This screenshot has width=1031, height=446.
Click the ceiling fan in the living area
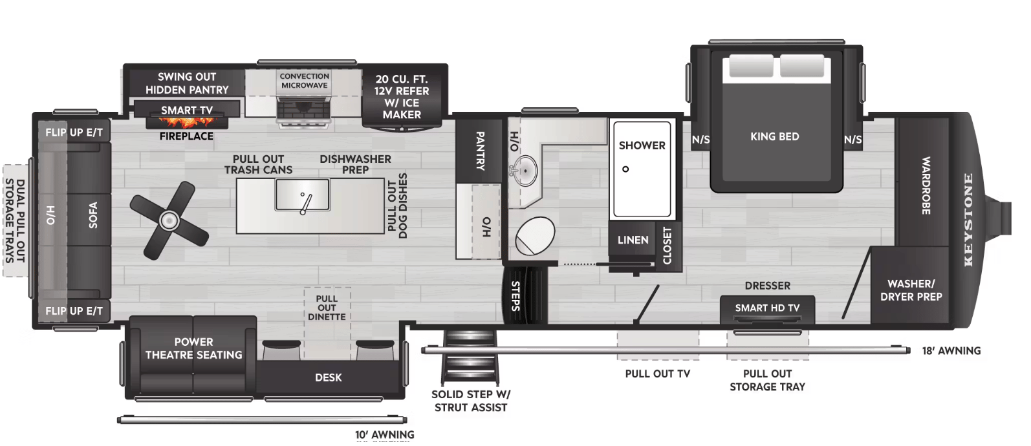[x=169, y=220]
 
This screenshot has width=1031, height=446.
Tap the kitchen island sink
[x=302, y=195]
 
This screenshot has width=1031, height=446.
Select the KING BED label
[x=774, y=136]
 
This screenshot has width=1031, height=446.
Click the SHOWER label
[x=642, y=145]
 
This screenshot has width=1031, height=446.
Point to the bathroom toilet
[x=536, y=236]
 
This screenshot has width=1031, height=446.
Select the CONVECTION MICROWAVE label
[x=304, y=81]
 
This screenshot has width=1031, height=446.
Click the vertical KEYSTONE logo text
[x=968, y=220]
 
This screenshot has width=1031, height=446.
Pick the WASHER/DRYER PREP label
[x=911, y=290]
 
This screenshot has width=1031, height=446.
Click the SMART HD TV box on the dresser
[x=767, y=308]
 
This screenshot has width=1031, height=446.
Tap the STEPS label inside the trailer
[x=516, y=295]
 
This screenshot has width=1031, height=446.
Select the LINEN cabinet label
[x=633, y=240]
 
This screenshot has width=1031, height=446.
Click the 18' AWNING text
[x=951, y=351]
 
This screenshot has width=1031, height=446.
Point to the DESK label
[x=328, y=377]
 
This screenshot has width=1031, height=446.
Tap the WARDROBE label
[x=926, y=186]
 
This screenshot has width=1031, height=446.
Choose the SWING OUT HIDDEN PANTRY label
[x=187, y=83]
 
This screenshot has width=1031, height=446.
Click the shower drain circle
[x=625, y=169]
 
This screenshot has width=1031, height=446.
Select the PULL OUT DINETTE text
[x=327, y=308]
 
